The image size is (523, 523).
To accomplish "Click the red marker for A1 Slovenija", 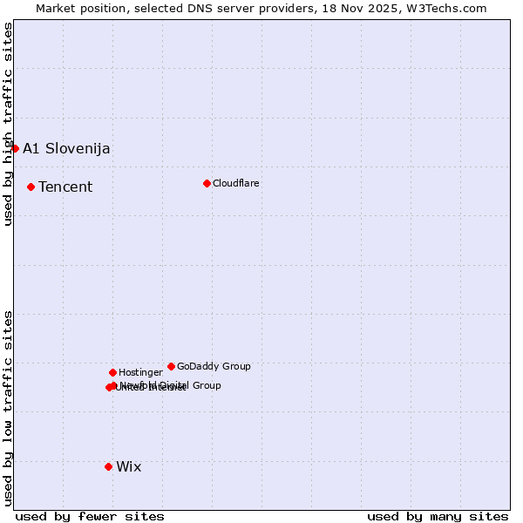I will [x=15, y=148].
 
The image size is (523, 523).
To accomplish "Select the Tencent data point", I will [x=31, y=187].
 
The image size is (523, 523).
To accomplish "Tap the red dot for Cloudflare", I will [x=207, y=183].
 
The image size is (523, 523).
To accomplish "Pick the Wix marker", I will [x=108, y=466].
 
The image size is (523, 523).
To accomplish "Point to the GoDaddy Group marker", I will [x=171, y=366].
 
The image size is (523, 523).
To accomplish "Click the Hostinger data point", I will [x=112, y=372].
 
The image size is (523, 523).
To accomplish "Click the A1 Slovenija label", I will [x=66, y=148].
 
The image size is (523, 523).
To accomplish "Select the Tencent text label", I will [x=65, y=187].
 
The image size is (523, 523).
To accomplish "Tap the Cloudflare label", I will [x=235, y=183].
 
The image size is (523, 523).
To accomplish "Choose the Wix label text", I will [x=128, y=466].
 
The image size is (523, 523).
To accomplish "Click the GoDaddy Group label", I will [x=214, y=366].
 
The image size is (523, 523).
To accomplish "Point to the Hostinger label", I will [x=140, y=372].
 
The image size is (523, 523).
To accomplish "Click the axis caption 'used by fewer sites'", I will [x=90, y=516].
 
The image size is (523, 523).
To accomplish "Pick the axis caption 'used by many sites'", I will [x=438, y=516].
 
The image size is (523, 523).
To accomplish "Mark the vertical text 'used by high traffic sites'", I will [x=8, y=124].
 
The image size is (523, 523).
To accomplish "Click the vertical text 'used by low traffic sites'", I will [x=8, y=407].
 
